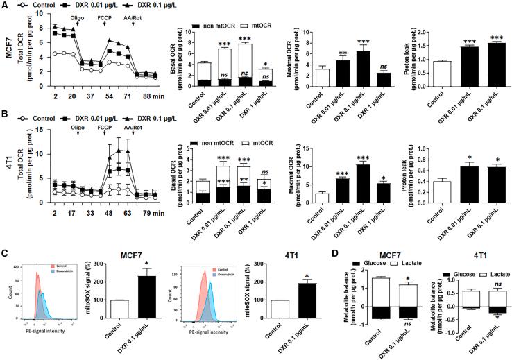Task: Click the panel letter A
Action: point(6,6)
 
